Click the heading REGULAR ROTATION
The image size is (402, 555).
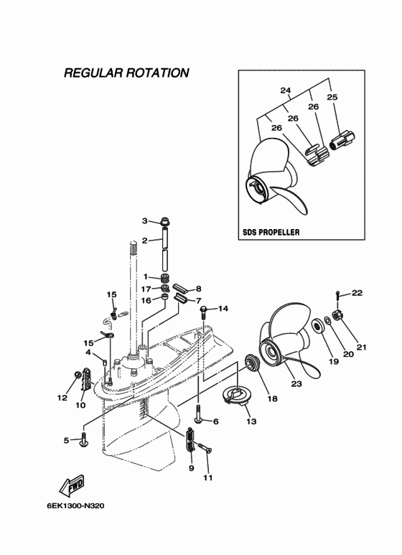(x=126, y=73)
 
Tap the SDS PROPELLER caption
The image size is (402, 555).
(x=271, y=232)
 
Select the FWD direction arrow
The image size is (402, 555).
(x=72, y=485)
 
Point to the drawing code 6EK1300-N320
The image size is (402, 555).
(x=75, y=505)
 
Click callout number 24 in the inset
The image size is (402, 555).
(x=285, y=90)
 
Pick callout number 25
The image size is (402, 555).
(x=332, y=97)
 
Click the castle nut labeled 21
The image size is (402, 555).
(x=337, y=314)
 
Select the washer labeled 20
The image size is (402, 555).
(x=327, y=320)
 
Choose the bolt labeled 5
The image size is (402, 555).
(x=83, y=439)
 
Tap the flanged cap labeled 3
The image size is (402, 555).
(x=165, y=222)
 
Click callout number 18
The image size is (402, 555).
(x=273, y=399)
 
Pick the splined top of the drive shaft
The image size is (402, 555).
(x=134, y=247)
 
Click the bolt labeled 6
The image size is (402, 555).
(x=198, y=414)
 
